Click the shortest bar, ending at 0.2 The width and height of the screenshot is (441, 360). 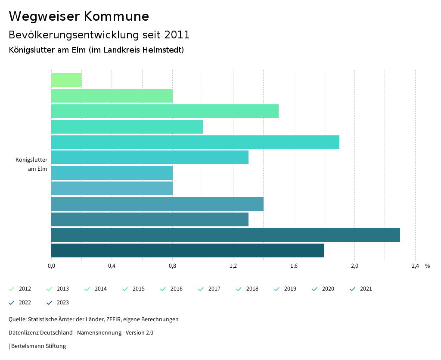click(66, 80)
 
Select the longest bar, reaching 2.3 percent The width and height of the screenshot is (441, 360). click(225, 235)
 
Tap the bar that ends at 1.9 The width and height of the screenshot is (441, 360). click(195, 142)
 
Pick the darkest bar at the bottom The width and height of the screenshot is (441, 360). click(187, 250)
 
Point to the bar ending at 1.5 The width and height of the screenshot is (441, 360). click(165, 111)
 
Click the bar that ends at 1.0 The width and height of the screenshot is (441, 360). click(127, 127)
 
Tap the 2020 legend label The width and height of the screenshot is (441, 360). click(328, 289)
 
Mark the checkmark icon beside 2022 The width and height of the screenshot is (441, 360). click(12, 303)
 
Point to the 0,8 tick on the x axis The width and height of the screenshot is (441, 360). click(172, 266)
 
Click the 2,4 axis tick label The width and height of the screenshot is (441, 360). click(415, 266)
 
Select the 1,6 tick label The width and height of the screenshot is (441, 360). click(294, 266)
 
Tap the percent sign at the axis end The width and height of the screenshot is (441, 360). click(427, 266)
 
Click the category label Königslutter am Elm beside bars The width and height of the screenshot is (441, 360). click(31, 164)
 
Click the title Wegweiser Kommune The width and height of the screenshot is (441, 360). click(79, 16)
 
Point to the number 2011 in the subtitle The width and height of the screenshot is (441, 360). click(177, 34)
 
